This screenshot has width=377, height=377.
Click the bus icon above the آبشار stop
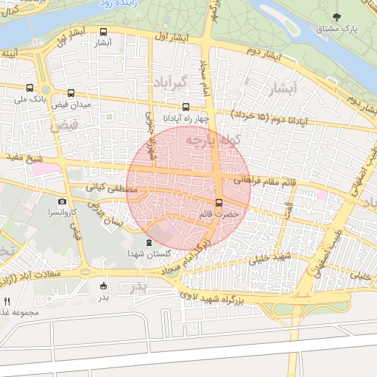pyautogui.click(x=103, y=32)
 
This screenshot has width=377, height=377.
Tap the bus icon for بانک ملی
pyautogui.click(x=29, y=88)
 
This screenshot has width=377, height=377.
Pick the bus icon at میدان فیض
pyautogui.click(x=71, y=94)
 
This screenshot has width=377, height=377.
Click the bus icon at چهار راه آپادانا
pyautogui.click(x=186, y=106)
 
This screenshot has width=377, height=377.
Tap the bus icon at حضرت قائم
pyautogui.click(x=219, y=202)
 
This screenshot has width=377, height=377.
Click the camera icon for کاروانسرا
pyautogui.click(x=62, y=201)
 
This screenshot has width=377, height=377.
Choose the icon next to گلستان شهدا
pyautogui.click(x=149, y=242)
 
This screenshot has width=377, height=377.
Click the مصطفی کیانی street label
pyautogui.click(x=112, y=188)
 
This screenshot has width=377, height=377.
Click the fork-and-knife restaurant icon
pyautogui.click(x=7, y=301)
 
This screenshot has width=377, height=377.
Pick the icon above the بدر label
pyautogui.click(x=103, y=287)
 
